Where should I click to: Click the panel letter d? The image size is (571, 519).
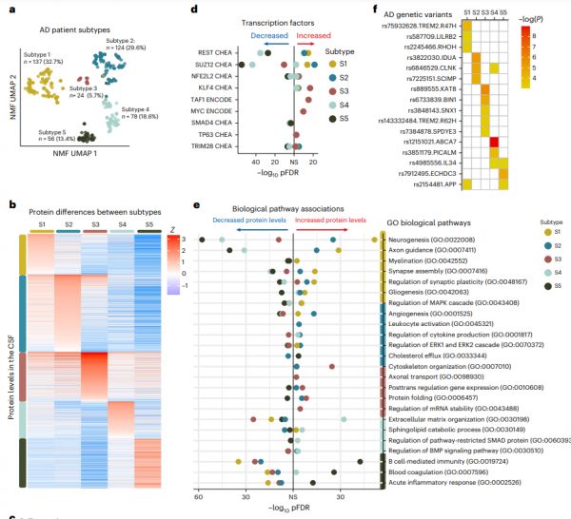195,10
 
